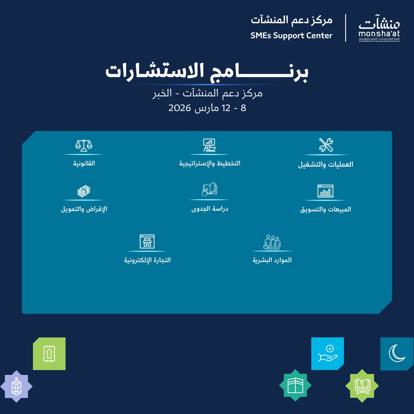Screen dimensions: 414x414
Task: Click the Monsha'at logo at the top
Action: coord(379,28)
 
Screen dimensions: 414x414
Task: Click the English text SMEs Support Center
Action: coord(292,36)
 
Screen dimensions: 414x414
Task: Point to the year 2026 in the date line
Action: coord(180,108)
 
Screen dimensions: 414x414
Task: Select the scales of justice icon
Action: coord(84,145)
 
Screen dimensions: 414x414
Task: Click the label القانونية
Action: coord(84,163)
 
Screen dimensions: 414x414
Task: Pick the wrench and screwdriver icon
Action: coord(326,145)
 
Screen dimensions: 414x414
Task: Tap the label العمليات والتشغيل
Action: coord(326,164)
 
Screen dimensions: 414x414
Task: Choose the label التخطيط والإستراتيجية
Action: coord(209,163)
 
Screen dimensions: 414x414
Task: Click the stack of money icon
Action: coord(84,191)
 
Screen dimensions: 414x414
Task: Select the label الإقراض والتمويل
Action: coord(84,209)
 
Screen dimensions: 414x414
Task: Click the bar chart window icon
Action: coord(325,191)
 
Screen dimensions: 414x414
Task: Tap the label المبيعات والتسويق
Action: coord(325,209)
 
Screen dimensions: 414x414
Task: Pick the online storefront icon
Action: coord(147,241)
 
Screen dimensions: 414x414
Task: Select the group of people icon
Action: coord(272,242)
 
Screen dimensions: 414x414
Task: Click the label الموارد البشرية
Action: coord(272,260)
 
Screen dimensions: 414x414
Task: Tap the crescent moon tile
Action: coord(397,354)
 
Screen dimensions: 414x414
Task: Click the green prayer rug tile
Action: coord(49,354)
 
